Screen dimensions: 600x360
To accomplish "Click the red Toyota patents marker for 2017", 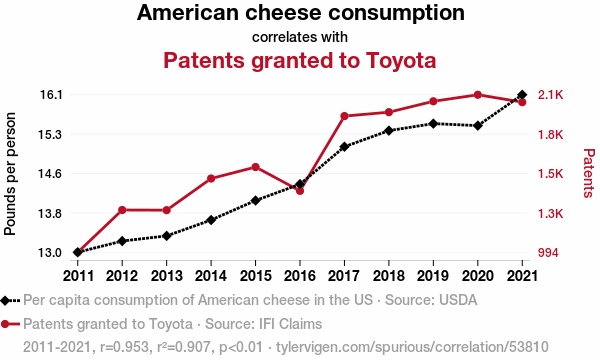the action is coord(344,116).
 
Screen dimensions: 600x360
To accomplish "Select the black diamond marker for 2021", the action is coord(522,94).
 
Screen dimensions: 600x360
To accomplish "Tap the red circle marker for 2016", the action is coord(300,191).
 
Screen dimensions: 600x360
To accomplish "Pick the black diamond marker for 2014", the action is coord(211,220).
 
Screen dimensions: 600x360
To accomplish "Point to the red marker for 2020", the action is coord(478,95).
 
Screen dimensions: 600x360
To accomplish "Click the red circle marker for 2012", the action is coord(122,210).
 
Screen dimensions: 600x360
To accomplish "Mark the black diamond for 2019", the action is coord(433,124).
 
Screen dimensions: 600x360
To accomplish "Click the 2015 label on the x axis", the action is coord(255,275).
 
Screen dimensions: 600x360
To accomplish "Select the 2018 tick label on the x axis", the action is coord(389,275).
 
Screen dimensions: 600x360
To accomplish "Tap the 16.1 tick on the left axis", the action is coord(51,94).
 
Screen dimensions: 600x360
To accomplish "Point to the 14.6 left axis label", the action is coord(51,174).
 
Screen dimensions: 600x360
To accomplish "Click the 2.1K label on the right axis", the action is coord(551,94).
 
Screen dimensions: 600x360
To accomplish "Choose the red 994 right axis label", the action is coord(548,252).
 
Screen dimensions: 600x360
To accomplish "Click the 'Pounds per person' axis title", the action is coord(10,174).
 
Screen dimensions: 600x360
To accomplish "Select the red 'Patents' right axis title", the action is coord(589,173).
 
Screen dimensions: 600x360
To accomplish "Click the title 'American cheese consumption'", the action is coord(301,12).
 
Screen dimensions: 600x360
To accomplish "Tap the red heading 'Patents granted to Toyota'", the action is coord(300,60).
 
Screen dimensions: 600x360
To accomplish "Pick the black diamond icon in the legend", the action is coord(5,301).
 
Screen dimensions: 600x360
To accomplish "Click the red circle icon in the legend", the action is coord(5,324).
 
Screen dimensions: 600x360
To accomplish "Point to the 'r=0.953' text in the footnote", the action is coord(124,347).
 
